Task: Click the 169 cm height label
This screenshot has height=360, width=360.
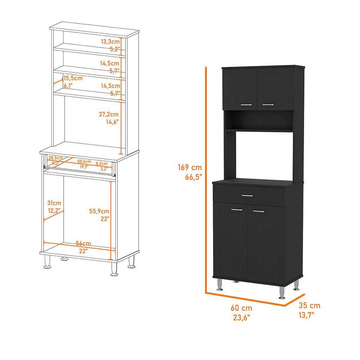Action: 190,168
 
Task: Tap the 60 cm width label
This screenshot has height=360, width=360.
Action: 241,307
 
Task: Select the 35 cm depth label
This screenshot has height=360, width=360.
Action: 310,306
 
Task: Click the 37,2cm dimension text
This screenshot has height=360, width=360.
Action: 109,114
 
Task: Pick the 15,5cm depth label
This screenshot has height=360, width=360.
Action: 73,78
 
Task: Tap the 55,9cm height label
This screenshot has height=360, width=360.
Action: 99,211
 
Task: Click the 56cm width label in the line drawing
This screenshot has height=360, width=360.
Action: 83,244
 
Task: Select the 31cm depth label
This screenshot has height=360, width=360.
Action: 54,203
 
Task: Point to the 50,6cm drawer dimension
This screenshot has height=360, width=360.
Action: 84,162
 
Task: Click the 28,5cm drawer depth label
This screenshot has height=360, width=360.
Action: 55,158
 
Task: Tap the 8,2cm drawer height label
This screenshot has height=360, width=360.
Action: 102,164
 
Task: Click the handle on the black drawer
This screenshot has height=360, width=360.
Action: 247,195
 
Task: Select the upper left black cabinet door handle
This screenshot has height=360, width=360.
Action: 246,105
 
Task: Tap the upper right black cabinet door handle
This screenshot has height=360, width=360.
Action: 268,104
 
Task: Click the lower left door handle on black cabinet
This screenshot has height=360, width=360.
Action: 237,209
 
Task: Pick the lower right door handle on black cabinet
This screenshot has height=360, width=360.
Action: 258,211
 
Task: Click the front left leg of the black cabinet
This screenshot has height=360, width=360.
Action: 219,286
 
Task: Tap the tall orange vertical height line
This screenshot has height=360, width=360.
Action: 206,180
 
